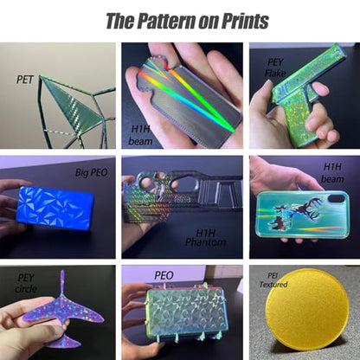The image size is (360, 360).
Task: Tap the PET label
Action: click(25, 80)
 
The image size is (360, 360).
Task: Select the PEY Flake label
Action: click(275, 67)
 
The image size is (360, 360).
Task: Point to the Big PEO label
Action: click(91, 172)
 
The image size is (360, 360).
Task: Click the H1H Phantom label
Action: click(205, 237)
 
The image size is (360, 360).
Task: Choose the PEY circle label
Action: click(26, 284)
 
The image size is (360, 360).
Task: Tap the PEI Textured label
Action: click(273, 280)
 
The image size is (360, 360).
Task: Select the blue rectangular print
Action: click(55, 209)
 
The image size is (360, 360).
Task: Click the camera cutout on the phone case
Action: click(337, 199)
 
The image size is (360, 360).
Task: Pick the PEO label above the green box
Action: click(164, 275)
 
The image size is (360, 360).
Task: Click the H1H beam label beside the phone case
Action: click(332, 172)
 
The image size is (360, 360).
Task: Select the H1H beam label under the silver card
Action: click(140, 135)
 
